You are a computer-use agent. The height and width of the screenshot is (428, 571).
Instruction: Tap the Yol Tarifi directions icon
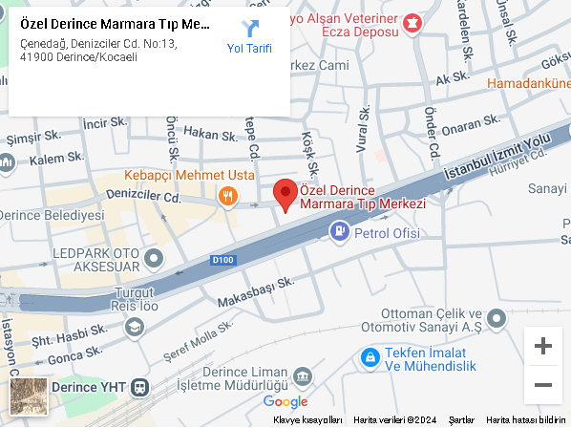[250, 29]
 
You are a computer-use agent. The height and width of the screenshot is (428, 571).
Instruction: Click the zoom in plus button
[543, 346]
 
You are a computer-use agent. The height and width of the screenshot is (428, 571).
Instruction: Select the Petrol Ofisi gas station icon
[339, 231]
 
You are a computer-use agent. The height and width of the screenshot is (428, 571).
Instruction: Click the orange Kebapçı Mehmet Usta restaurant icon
[227, 197]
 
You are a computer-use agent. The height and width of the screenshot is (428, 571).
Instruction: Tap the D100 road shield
[222, 259]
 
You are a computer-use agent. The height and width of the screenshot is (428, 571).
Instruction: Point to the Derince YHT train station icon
[140, 387]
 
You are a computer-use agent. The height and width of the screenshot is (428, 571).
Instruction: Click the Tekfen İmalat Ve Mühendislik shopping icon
[369, 357]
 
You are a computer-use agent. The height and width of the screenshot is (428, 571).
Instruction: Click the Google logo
[285, 402]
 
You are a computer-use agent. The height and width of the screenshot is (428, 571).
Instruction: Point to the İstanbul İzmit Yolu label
[496, 155]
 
